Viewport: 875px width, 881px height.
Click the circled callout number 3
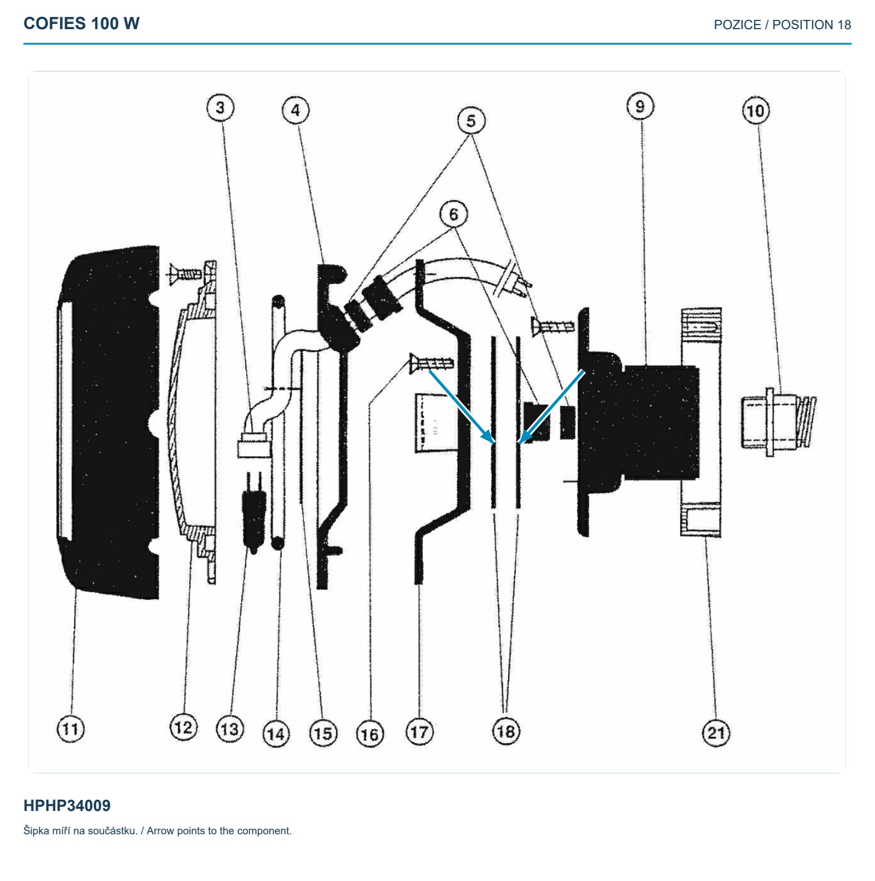[220, 108]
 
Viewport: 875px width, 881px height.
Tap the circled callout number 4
[296, 110]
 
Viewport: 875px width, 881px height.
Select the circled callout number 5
[471, 121]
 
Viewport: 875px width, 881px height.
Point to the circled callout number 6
[454, 214]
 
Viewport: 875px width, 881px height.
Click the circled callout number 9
[640, 106]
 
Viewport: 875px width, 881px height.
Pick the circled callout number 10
[756, 111]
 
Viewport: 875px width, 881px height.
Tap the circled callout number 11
[71, 729]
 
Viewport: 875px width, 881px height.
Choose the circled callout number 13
[229, 729]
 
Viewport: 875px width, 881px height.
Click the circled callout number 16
[370, 733]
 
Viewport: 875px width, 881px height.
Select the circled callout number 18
[506, 730]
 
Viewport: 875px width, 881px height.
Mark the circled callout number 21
[716, 732]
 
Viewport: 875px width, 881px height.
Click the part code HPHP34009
[67, 806]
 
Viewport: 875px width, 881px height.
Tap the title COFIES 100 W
[82, 23]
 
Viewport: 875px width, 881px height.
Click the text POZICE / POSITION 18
[782, 25]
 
